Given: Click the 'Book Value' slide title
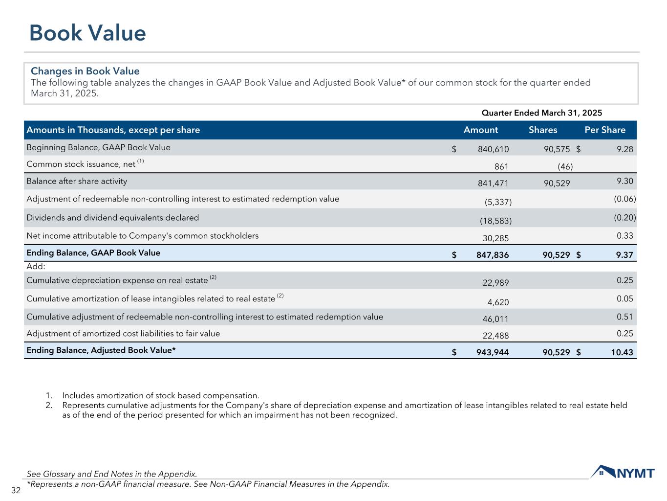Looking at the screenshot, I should tap(87, 33).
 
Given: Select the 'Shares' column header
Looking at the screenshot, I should tap(542, 130).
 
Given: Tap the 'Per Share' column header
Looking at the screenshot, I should tap(605, 130).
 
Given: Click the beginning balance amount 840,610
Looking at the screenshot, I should tap(493, 149).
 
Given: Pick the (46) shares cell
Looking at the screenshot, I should tap(565, 167).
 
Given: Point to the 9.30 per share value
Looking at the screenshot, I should tap(625, 181).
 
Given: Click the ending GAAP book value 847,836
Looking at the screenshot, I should tap(492, 255).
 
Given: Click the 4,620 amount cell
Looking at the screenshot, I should tap(498, 302).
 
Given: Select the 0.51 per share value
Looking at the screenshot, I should tap(625, 317).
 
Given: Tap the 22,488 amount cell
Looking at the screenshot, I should tap(496, 336).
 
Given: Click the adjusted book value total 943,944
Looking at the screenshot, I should tap(492, 352).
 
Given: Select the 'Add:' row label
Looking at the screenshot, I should tap(36, 267).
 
